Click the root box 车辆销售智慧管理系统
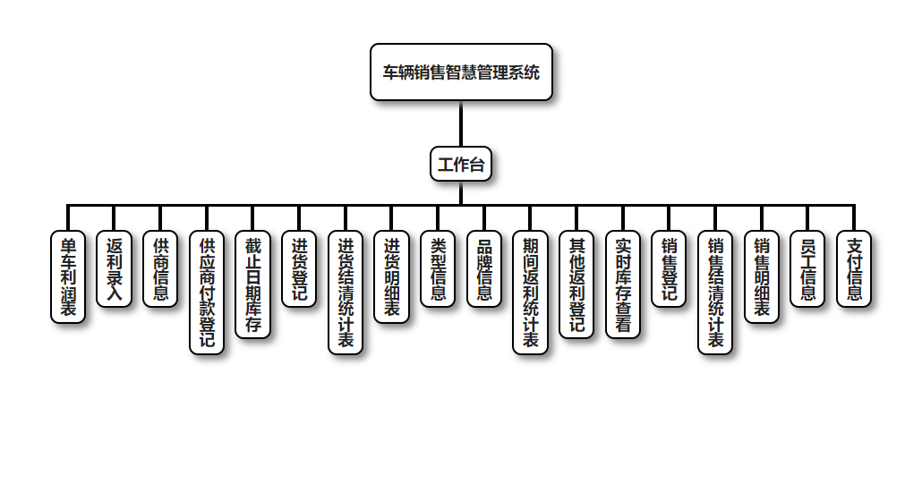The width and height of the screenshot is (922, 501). [461, 72]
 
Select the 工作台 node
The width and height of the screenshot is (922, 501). [461, 164]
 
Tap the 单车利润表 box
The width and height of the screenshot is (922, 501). [67, 276]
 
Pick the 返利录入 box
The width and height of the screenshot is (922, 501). [114, 269]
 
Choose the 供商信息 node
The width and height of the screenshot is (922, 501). [160, 269]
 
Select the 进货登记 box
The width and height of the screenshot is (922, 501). [299, 269]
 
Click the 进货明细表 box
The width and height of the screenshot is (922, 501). [391, 276]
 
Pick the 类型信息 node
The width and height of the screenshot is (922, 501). [438, 269]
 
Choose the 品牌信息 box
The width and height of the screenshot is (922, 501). [484, 269]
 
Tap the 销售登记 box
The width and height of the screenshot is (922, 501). [669, 269]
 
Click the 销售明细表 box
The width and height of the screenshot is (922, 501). [762, 276]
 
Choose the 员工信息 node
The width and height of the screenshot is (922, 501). [807, 269]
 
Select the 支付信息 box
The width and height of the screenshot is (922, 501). [854, 269]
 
